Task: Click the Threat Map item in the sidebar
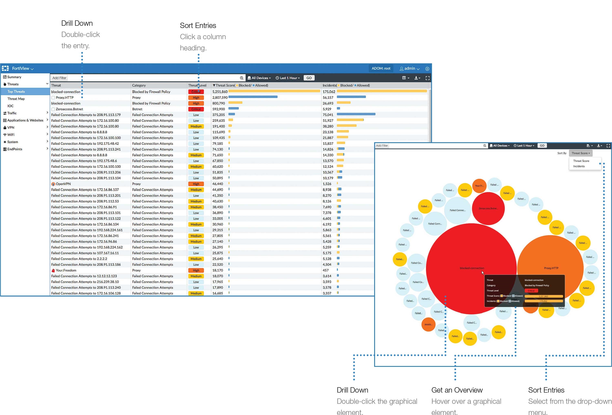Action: coord(16,99)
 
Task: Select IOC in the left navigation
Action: coord(11,106)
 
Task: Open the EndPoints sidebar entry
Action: coord(15,149)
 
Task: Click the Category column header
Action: coord(139,85)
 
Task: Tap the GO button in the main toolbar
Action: coord(309,78)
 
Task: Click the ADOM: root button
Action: coord(381,68)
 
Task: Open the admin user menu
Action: coord(409,68)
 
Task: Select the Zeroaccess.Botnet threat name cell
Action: coord(69,109)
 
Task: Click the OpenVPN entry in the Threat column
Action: coord(63,184)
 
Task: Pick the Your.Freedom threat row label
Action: coord(66,270)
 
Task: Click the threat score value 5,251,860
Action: coord(220,92)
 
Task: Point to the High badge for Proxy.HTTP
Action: coord(196,98)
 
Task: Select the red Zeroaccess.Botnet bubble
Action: coord(488,208)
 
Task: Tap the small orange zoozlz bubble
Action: coord(428,324)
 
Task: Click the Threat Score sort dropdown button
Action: coord(580,153)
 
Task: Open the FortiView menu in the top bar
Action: coord(23,68)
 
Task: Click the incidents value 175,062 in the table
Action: coord(329,92)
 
